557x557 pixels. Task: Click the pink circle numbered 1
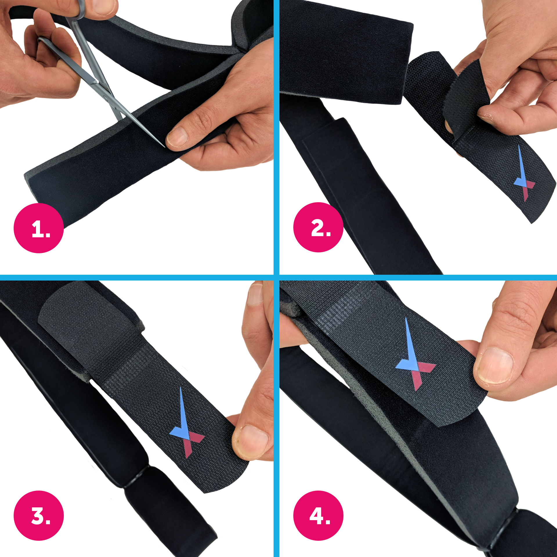coord(39,228)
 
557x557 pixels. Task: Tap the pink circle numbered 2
coord(318,227)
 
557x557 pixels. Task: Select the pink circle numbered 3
coord(39,516)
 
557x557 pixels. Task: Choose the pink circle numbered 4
coord(318,516)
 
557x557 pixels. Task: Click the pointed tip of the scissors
coord(164,147)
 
